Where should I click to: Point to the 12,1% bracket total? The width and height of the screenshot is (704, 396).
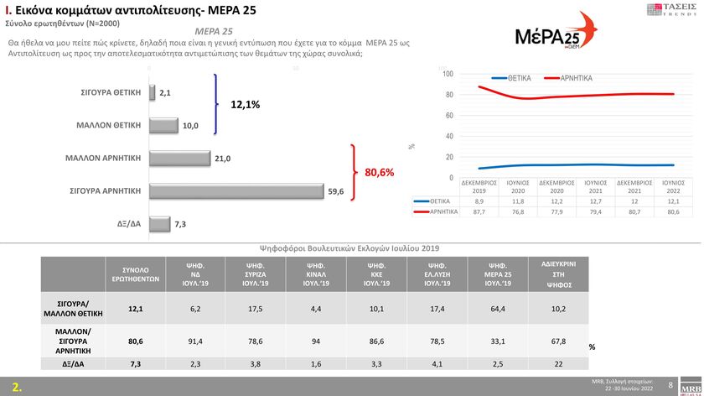pos(245,105)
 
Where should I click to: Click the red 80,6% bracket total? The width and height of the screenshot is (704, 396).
pos(379,173)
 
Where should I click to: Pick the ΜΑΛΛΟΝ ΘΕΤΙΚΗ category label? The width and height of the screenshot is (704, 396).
pos(109,125)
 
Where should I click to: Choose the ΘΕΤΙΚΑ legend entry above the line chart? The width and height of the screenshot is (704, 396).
pos(512,78)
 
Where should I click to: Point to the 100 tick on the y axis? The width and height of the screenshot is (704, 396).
pos(448,75)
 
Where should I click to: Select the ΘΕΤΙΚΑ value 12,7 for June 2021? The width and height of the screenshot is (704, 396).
pos(596,201)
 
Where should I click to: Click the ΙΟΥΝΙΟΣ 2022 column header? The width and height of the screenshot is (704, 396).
pos(676,185)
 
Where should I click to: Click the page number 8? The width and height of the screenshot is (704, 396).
pos(670,384)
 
